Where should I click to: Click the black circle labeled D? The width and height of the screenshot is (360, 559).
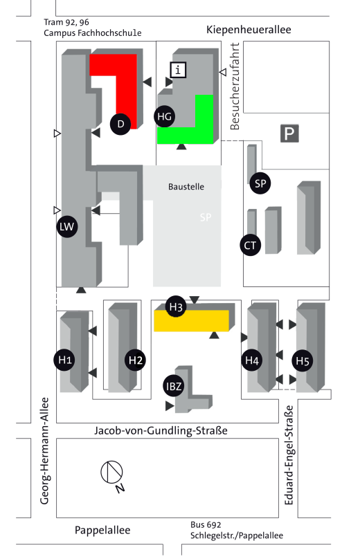(120, 124)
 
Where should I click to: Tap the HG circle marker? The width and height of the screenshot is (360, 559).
(165, 116)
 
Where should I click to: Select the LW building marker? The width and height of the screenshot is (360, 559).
(67, 226)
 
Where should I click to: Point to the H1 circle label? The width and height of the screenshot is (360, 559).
(64, 360)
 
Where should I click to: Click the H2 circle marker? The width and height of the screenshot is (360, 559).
(135, 360)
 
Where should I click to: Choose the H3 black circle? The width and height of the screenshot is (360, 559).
(176, 306)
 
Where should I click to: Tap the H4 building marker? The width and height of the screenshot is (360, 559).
(252, 360)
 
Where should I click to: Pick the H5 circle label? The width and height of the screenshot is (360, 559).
(303, 360)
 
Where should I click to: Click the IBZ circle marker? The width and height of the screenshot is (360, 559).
(174, 386)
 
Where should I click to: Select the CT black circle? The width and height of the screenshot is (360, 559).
(250, 246)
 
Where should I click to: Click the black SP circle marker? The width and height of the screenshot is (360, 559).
(260, 183)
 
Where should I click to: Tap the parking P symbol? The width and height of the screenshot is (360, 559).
(289, 134)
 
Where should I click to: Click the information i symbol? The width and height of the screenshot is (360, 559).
(178, 70)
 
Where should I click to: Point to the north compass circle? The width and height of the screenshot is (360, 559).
(111, 472)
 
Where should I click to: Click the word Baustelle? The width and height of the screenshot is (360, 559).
(186, 187)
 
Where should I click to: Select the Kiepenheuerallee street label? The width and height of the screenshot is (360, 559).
(249, 30)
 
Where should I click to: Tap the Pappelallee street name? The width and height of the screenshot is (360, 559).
(102, 530)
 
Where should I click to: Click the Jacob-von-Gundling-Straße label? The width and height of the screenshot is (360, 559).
(161, 430)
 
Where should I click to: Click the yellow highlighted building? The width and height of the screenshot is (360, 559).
(191, 321)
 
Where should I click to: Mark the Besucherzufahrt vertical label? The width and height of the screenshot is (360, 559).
(235, 86)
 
